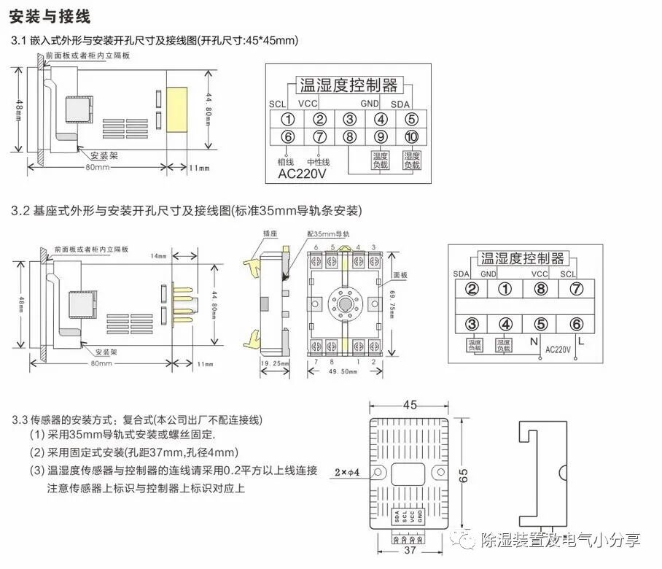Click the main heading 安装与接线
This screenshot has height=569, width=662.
tap(55, 15)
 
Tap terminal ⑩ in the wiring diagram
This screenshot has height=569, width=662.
tap(411, 136)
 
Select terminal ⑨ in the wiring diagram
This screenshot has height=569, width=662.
tap(380, 136)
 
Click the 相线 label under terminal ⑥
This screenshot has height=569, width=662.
tap(285, 162)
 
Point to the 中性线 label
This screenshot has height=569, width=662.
tap(319, 162)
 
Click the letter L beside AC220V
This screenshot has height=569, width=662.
tap(581, 341)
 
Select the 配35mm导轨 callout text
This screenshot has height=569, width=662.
tap(329, 234)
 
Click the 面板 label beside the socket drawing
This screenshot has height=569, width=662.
tap(400, 276)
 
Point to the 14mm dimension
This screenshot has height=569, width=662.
tap(158, 256)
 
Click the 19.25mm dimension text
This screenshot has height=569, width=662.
tap(275, 363)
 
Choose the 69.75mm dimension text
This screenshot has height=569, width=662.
tap(397, 309)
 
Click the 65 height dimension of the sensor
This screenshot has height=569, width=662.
tap(465, 474)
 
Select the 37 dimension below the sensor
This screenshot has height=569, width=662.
tap(410, 551)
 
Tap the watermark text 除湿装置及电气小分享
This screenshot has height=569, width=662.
tap(561, 541)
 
